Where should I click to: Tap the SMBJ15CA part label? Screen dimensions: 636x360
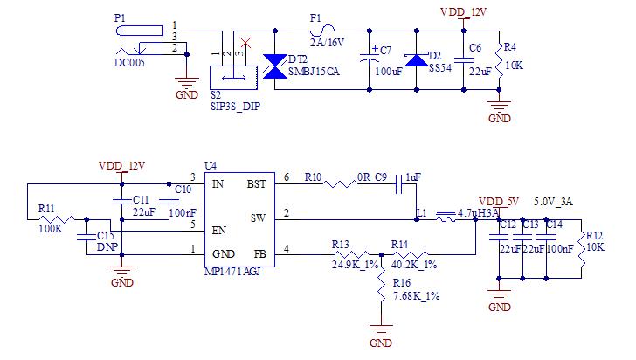(314, 72)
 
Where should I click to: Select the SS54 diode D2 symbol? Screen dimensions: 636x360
(417, 60)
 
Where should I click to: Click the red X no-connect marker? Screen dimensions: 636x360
(245, 43)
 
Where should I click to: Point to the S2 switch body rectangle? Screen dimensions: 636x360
(233, 78)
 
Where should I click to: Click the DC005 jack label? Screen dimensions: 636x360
(129, 63)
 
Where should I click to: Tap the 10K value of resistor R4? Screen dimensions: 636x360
(514, 66)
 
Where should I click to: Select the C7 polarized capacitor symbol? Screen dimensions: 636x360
(369, 57)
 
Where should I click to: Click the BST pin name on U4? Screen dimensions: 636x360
(256, 184)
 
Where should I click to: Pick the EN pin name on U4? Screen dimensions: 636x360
(219, 231)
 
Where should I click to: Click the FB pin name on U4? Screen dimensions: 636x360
(260, 254)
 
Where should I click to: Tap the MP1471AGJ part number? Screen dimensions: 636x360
(232, 272)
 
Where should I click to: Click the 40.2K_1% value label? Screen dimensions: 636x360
(414, 265)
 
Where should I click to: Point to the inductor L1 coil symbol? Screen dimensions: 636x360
(446, 217)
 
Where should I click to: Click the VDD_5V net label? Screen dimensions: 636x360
(499, 202)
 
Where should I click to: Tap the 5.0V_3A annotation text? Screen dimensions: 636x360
(553, 202)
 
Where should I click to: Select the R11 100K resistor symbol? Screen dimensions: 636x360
(57, 219)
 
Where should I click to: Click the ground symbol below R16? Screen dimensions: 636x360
(381, 329)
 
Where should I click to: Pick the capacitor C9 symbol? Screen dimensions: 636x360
(399, 184)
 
